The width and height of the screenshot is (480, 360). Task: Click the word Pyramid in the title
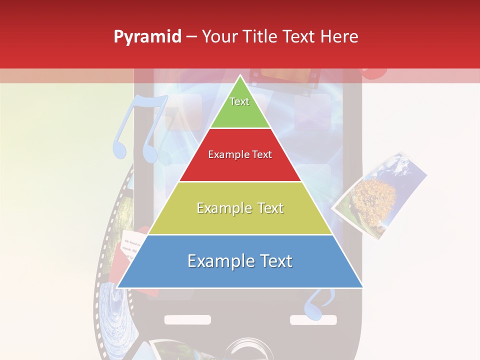[147, 37]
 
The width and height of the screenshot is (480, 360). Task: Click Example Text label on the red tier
[240, 154]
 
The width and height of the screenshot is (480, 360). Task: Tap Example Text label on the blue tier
[240, 261]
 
